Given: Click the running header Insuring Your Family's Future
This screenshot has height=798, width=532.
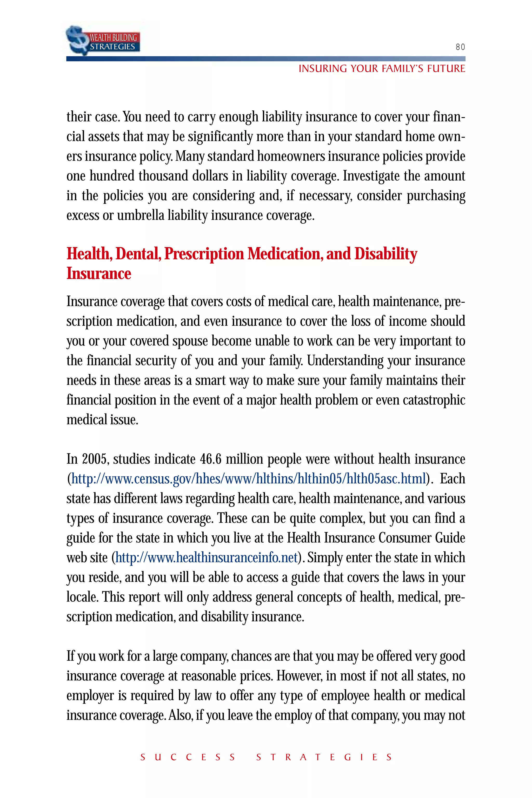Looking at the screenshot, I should click(x=381, y=69).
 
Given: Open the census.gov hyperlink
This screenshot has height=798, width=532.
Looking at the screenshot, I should click(x=248, y=479).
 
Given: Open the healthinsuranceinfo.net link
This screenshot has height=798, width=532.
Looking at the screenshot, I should click(x=206, y=557).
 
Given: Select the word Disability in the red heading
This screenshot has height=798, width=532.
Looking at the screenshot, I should click(x=386, y=254).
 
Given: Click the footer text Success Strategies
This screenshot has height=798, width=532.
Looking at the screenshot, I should click(x=266, y=757).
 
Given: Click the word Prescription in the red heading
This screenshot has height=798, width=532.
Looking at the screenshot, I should click(x=204, y=254).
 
